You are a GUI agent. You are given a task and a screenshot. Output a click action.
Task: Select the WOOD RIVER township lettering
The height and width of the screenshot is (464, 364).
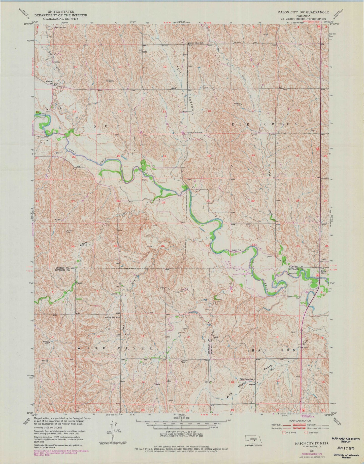click(x=115, y=348)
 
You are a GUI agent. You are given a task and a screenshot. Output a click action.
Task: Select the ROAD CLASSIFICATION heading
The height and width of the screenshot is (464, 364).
click(x=299, y=420)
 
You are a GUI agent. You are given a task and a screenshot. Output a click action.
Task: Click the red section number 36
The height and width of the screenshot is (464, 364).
click(x=163, y=246)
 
